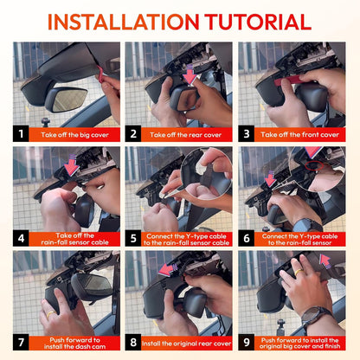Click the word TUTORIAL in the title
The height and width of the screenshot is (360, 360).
(258, 22)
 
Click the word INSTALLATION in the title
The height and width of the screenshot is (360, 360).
(124, 22)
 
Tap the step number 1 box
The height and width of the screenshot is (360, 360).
(21, 134)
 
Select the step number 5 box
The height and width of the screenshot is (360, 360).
(133, 239)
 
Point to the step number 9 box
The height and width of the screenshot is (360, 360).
(246, 343)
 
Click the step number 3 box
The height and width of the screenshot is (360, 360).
(246, 134)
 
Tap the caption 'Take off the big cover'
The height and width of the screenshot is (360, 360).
(74, 135)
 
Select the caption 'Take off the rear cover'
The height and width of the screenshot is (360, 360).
(185, 135)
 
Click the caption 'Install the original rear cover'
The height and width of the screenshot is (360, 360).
(187, 344)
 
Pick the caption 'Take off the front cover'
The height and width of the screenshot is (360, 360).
(299, 135)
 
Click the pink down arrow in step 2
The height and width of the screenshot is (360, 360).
(190, 74)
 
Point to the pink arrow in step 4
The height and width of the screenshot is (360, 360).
(71, 165)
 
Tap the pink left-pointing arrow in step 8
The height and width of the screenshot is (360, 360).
(168, 269)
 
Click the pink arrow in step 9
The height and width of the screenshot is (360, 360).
(325, 261)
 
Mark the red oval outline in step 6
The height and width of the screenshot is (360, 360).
(314, 165)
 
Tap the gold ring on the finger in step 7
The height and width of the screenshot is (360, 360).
(51, 314)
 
